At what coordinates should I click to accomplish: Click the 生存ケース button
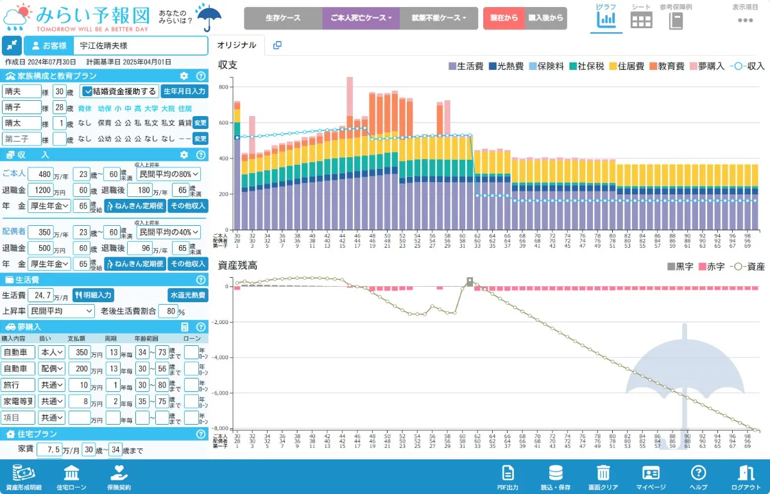(283, 18)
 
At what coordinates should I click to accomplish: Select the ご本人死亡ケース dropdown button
(361, 18)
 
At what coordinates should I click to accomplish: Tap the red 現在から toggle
(504, 18)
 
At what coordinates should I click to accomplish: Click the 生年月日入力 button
(184, 91)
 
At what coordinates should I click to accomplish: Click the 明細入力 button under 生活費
(94, 295)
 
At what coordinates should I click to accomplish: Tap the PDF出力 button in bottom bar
(508, 477)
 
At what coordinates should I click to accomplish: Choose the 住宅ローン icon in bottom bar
(71, 477)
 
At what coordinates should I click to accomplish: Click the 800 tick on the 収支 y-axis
(224, 87)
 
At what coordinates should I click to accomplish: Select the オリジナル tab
(237, 45)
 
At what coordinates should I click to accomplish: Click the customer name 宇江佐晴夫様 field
(139, 46)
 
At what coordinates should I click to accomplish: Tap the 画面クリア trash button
(603, 477)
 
